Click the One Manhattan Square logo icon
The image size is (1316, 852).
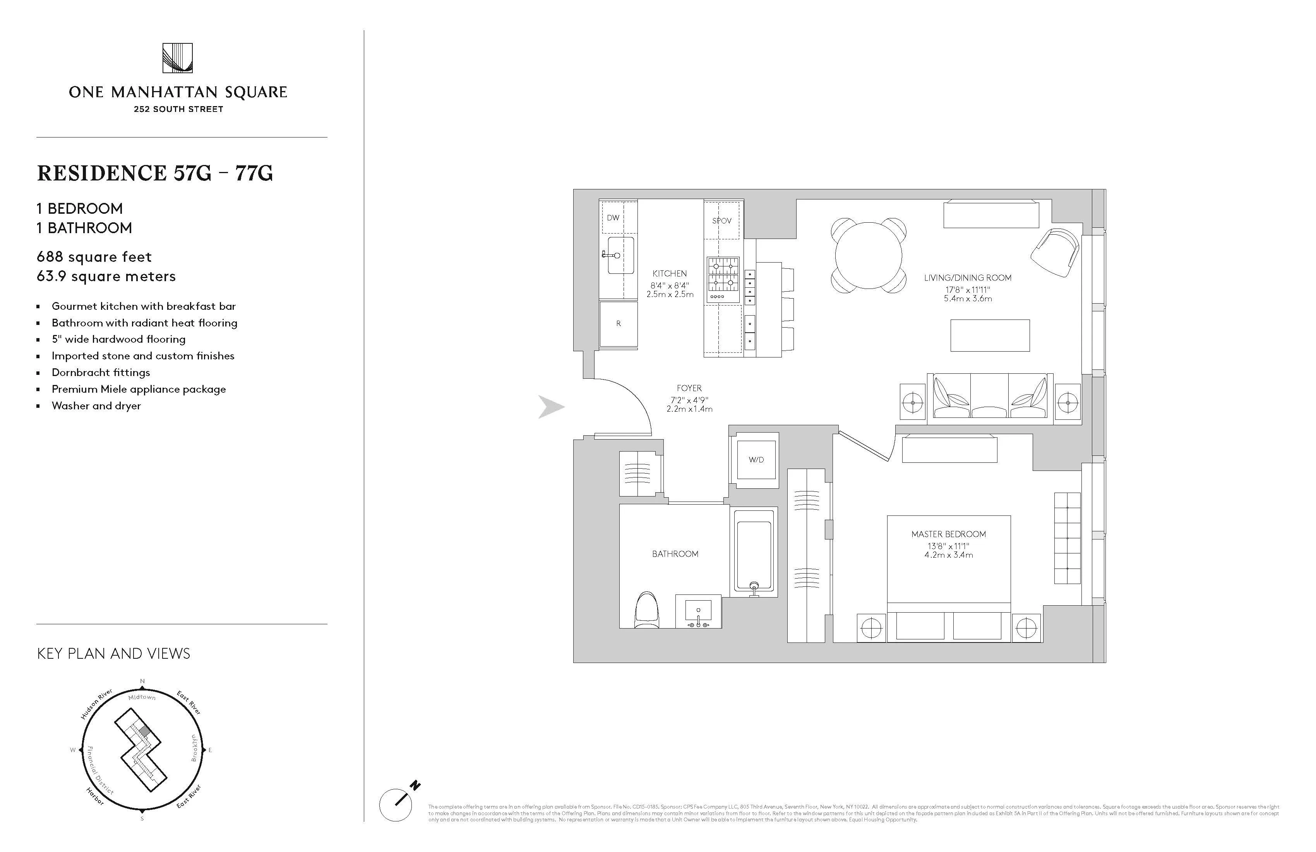point(178,58)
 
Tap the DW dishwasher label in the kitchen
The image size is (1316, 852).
point(613,217)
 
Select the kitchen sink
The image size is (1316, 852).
point(620,255)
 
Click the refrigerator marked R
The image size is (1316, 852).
point(618,324)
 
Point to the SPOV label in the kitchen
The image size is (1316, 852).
point(721,221)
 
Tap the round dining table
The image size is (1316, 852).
point(868,255)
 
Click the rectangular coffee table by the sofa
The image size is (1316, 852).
point(990,335)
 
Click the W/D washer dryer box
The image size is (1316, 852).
point(756,460)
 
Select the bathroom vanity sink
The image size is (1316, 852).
point(698,612)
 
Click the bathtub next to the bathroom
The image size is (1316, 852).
point(754,551)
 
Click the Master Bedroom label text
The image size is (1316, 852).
point(948,534)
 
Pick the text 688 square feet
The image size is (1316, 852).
point(94,257)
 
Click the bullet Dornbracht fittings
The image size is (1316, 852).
point(101,372)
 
